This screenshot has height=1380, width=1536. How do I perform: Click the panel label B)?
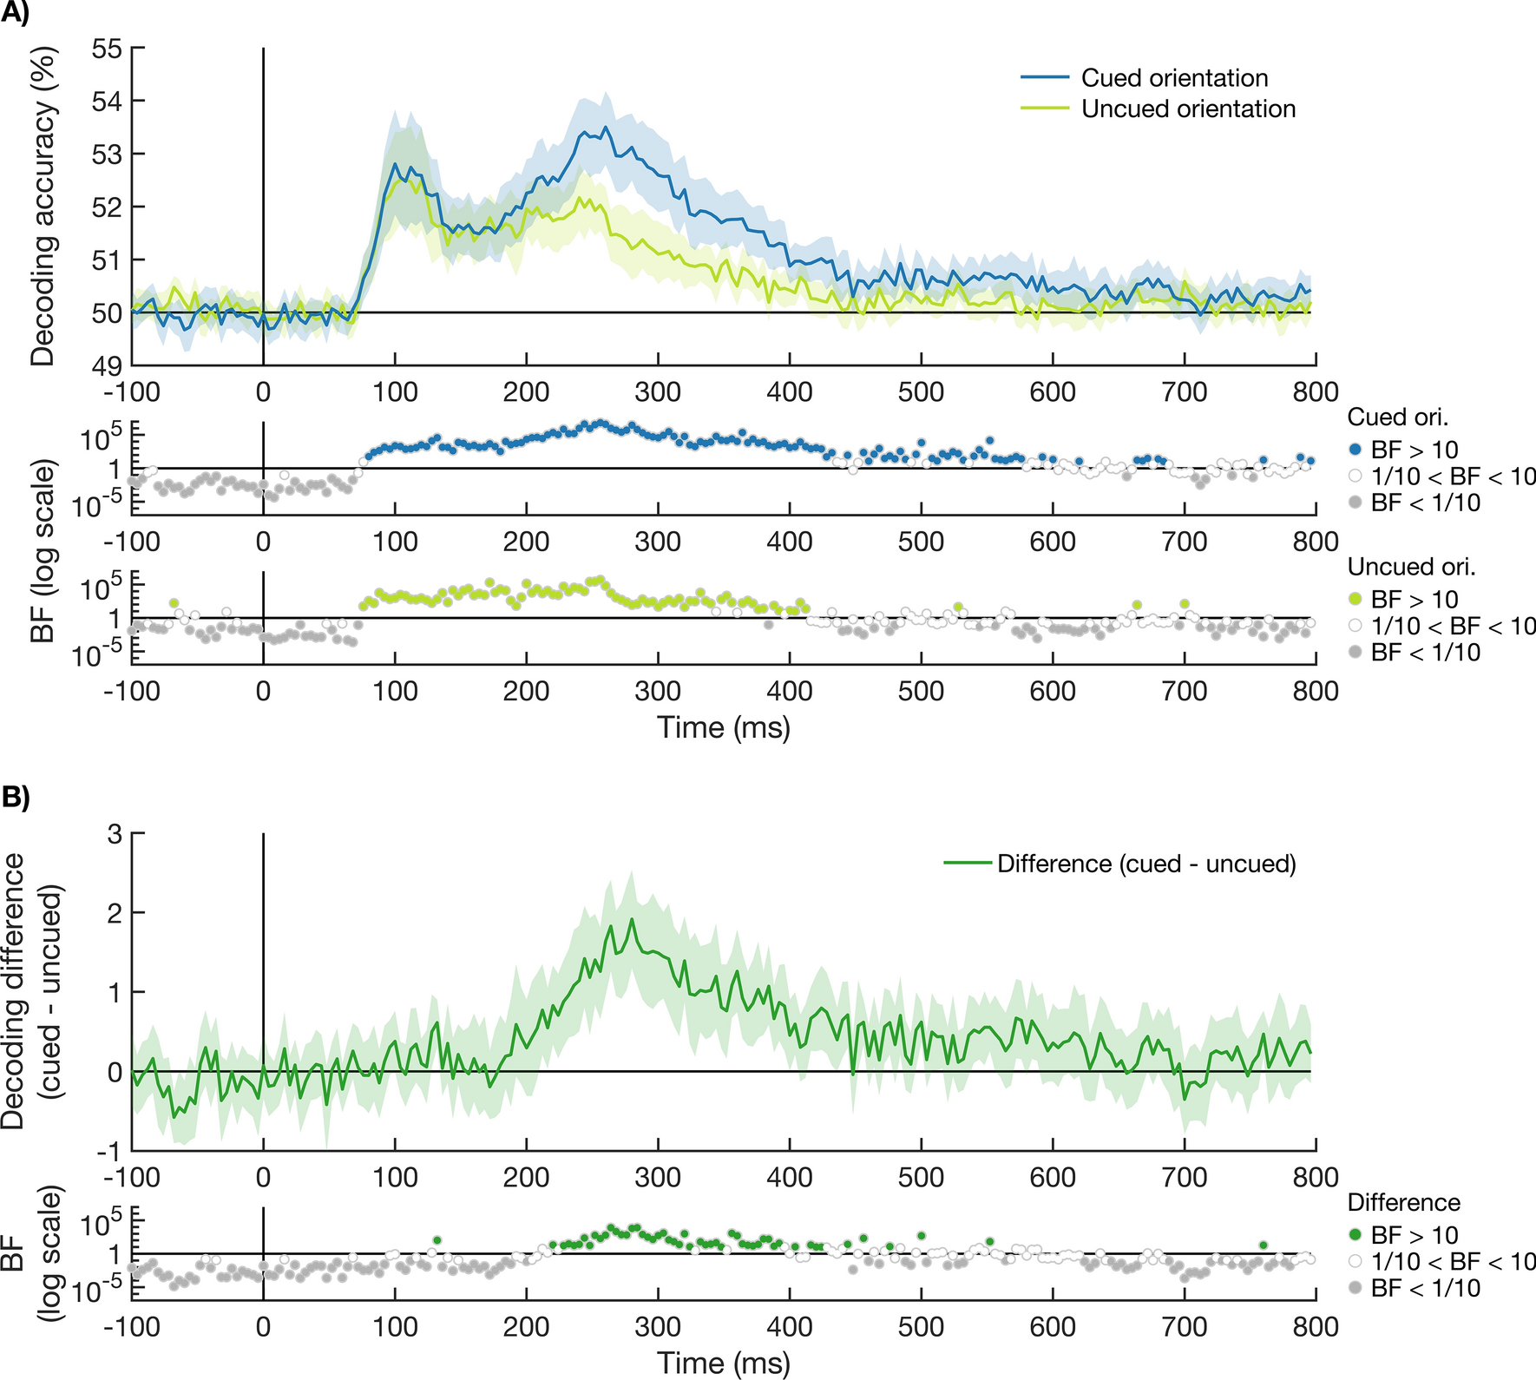coord(15,797)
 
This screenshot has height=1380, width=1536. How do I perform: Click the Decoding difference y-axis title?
coord(35,989)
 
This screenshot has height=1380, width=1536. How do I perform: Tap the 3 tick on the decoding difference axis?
coord(114,834)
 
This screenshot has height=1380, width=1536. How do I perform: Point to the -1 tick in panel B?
coord(110,1152)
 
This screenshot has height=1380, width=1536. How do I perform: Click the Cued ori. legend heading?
coord(1397,417)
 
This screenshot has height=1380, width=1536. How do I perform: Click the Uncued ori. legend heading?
coord(1411,567)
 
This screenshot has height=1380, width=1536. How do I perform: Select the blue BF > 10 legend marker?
coord(1355,450)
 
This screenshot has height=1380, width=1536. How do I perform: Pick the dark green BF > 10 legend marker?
coord(1355,1235)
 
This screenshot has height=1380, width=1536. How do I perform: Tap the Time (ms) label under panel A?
coord(723,727)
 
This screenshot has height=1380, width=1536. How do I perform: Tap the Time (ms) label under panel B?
coord(723,1363)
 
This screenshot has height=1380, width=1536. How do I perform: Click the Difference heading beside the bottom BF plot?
coord(1403,1203)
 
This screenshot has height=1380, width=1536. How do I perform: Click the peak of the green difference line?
coord(632,919)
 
